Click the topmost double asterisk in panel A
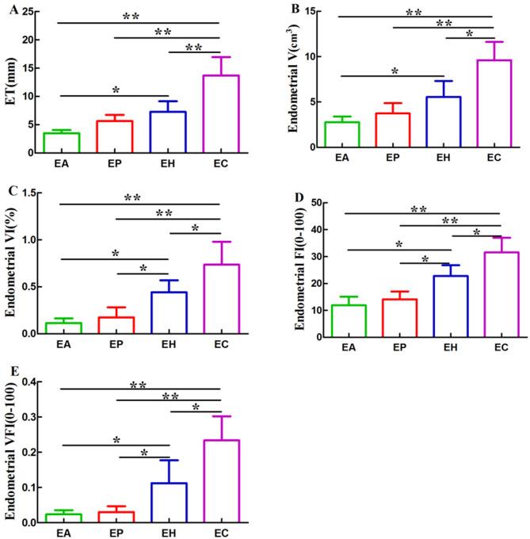[x=130, y=15]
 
